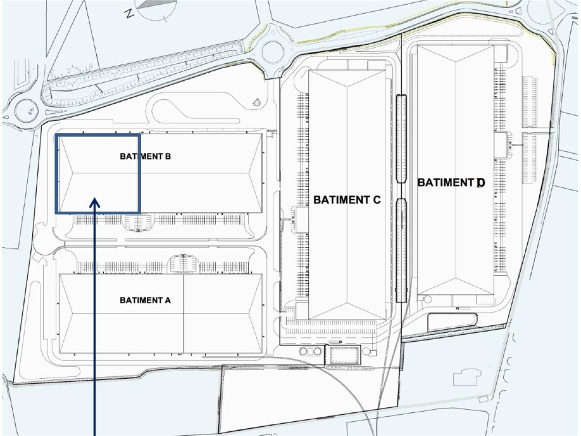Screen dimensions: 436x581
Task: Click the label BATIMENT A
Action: pyautogui.click(x=145, y=300)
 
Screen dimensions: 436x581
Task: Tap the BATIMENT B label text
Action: pyautogui.click(x=145, y=156)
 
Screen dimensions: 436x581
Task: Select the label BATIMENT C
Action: pyautogui.click(x=347, y=199)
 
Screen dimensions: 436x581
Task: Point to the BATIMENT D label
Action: pyautogui.click(x=451, y=183)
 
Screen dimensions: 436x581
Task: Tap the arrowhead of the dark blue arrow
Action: pyautogui.click(x=95, y=203)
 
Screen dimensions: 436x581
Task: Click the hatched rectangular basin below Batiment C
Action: pyautogui.click(x=343, y=355)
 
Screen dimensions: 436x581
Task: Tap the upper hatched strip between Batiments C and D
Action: pyautogui.click(x=401, y=138)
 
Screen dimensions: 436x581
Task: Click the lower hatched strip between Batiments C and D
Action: pyautogui.click(x=401, y=250)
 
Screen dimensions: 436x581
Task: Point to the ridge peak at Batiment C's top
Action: pyautogui.click(x=347, y=86)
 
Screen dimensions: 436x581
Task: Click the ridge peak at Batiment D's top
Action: pyautogui.click(x=455, y=61)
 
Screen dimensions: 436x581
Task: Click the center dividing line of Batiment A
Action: pyautogui.click(x=183, y=313)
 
